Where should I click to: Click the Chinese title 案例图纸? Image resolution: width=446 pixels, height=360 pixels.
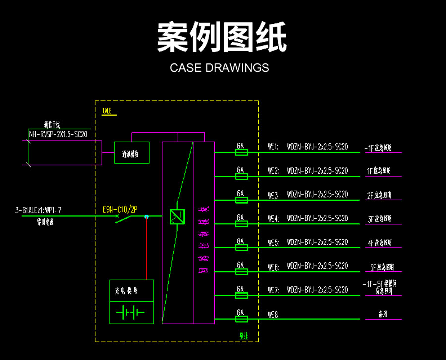coord(222,37)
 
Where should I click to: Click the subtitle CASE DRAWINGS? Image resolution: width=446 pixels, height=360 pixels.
coord(220,68)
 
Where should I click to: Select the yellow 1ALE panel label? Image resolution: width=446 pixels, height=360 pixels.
coord(107,111)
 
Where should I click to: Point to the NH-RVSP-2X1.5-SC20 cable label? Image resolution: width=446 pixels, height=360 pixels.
coord(58,134)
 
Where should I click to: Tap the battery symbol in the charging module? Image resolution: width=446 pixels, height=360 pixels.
coord(131,313)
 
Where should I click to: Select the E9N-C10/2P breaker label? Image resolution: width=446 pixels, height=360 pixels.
coord(120,210)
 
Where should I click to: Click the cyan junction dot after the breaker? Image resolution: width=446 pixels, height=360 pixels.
coord(146,217)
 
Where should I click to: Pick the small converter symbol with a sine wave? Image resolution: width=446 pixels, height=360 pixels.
coord(177,216)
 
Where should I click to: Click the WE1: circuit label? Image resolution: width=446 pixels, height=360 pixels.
coord(273,147)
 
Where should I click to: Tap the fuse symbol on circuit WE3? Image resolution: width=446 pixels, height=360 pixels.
coord(241,200)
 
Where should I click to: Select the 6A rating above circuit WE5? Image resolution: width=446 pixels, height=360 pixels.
coord(241,241)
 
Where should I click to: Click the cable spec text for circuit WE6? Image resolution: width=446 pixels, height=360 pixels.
coord(318,266)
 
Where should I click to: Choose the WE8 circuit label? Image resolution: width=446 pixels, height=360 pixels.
coord(273,314)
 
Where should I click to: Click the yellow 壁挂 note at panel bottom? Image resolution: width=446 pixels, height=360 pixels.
coord(244,336)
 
